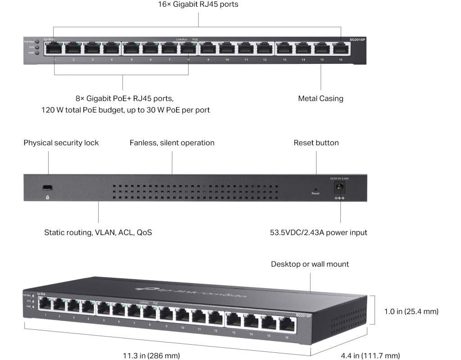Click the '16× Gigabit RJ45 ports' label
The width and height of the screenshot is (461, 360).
(x=199, y=4)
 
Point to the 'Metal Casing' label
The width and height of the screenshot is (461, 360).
(x=321, y=98)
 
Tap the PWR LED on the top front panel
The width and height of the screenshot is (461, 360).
(x=37, y=53)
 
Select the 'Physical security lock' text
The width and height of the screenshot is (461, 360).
(x=61, y=143)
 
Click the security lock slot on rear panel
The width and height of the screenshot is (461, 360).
(x=47, y=188)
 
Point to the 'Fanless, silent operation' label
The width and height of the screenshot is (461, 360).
(x=172, y=143)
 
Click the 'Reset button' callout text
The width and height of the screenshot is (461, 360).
(x=316, y=143)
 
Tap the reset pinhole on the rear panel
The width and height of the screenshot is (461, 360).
(x=315, y=189)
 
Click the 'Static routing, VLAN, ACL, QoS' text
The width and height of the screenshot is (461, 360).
(x=98, y=233)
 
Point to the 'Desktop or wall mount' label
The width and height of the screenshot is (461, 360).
(x=310, y=264)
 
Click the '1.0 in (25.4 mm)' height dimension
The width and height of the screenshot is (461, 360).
(x=411, y=311)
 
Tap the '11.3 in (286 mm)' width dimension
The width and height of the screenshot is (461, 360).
(x=151, y=355)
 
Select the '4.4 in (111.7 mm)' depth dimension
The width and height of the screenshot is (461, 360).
(x=370, y=355)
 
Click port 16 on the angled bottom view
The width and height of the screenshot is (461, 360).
(x=285, y=324)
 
